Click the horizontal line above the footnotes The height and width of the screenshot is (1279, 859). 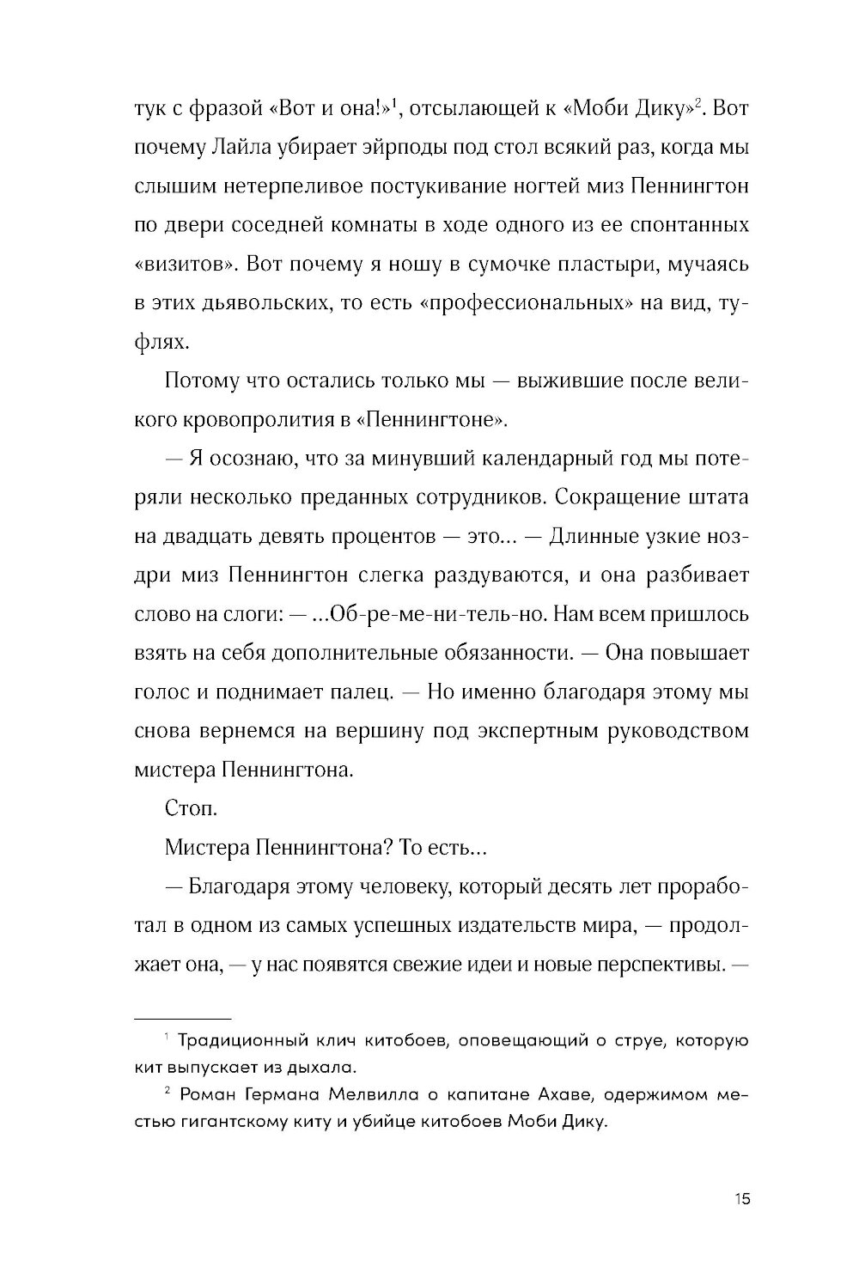coord(183,1016)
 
